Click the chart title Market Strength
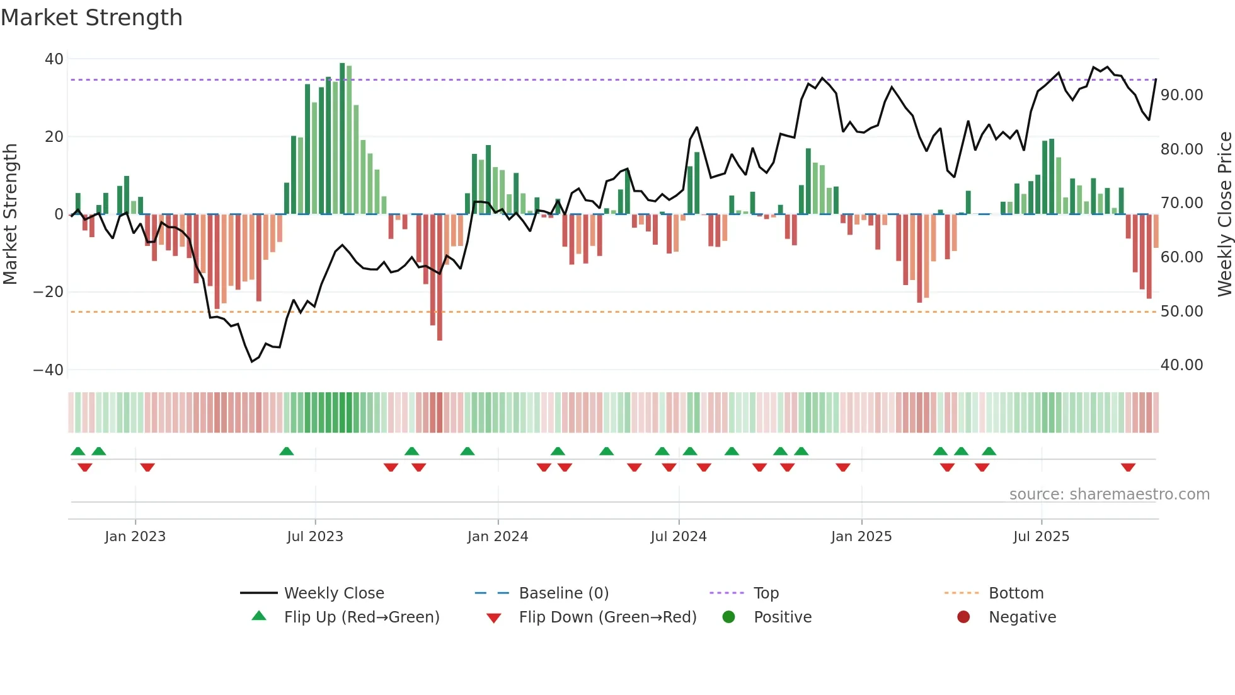coord(91,18)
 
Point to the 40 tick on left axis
coord(54,59)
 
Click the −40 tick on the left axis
coord(49,370)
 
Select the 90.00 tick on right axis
coord(1181,95)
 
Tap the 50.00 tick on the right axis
coord(1181,312)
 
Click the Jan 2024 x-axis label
coord(498,537)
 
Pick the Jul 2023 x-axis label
coord(315,537)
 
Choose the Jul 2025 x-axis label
coord(1041,537)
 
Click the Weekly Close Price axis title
coord(1224,214)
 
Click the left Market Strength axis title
coord(11,214)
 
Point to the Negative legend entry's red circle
coord(963,617)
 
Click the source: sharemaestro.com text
coord(1109,494)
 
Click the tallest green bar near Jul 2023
coord(342,139)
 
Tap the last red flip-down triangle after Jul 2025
coord(1128,467)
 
